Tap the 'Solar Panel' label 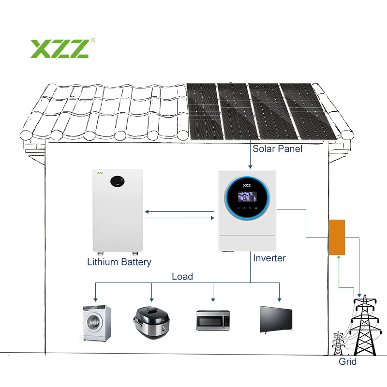[x=277, y=149]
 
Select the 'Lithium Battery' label [x=119, y=262]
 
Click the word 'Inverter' [x=269, y=258]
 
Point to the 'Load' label [x=182, y=277]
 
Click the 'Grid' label [x=347, y=361]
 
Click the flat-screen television [x=276, y=319]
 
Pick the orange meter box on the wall [x=337, y=237]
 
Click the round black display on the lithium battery [x=117, y=181]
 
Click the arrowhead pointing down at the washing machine [x=95, y=299]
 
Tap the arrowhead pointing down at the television [x=280, y=299]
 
